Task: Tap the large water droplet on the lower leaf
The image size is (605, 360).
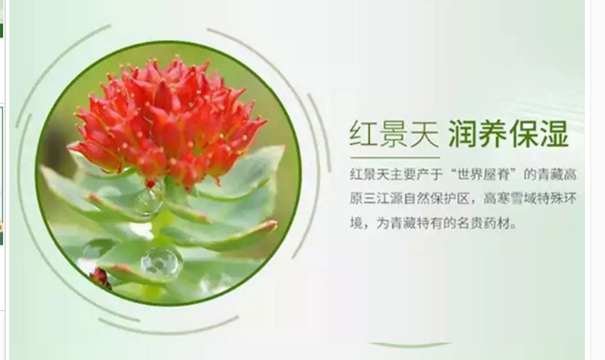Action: (162, 262)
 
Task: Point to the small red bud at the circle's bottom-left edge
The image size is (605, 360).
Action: (100, 278)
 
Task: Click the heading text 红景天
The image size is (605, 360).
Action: (394, 134)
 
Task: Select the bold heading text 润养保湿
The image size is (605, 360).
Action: (509, 134)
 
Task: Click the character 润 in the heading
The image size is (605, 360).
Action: (463, 134)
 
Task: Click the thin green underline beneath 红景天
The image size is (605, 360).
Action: (395, 158)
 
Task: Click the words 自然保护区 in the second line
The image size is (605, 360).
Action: (437, 198)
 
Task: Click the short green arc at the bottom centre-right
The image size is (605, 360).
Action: (410, 344)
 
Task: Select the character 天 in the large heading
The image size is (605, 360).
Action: (425, 134)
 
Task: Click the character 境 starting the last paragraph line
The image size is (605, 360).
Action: (356, 223)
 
